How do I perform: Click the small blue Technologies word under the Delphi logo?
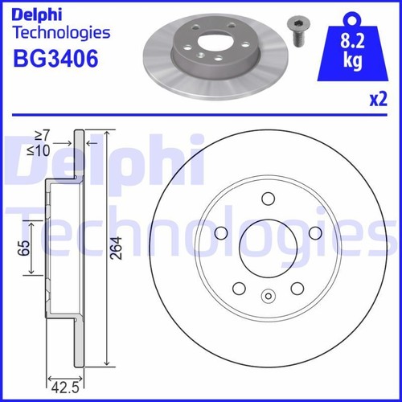(59, 32)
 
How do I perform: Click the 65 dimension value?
(27, 248)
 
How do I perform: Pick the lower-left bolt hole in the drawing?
(238, 289)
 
